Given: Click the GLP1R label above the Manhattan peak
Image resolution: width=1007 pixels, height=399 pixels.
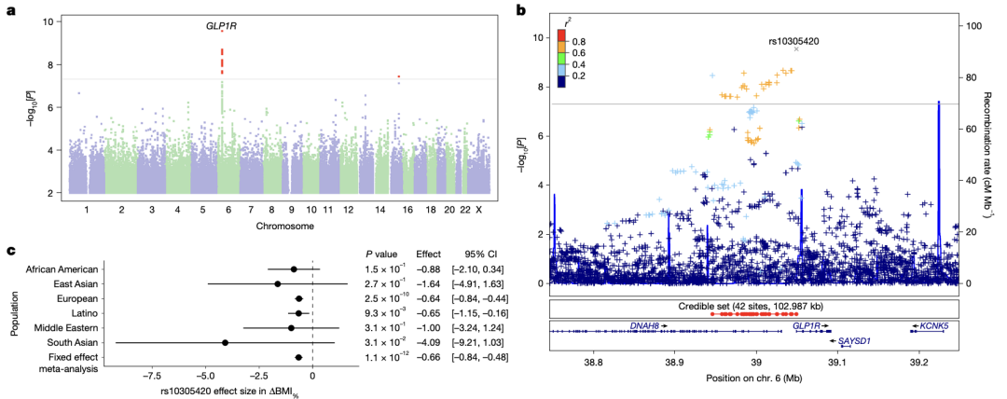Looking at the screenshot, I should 221,27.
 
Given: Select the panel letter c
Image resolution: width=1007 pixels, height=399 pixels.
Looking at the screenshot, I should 9,250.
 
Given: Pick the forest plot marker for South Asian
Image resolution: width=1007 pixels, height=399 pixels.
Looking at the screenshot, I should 225,343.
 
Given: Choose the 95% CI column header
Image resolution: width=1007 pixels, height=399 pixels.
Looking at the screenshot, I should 479,254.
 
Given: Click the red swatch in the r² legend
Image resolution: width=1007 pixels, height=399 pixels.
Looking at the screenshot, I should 562,37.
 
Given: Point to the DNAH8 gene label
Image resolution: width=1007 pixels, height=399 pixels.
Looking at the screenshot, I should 644,326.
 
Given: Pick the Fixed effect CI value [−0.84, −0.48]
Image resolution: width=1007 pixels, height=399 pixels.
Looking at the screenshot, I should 479,358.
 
